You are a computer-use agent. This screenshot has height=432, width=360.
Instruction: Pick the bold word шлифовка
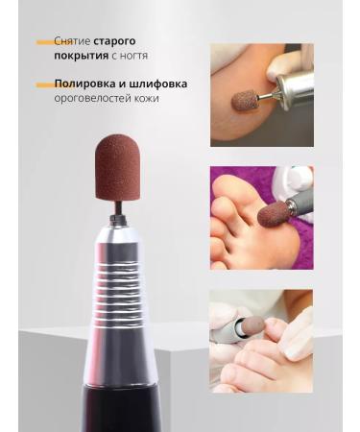tap(157, 84)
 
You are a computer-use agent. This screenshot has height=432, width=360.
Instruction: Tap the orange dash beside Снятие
tap(43, 43)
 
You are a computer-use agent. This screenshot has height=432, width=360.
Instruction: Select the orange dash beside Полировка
tap(43, 84)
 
